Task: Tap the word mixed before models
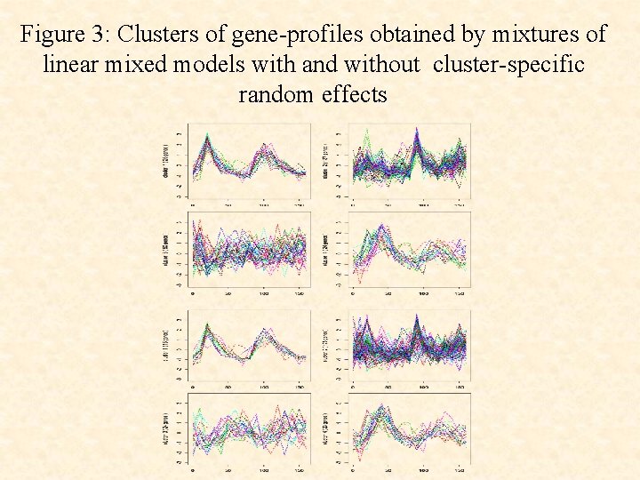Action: coord(145,65)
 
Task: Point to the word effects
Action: coord(355,94)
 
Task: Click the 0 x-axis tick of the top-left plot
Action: coord(193,206)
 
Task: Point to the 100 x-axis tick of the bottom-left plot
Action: coord(265,474)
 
